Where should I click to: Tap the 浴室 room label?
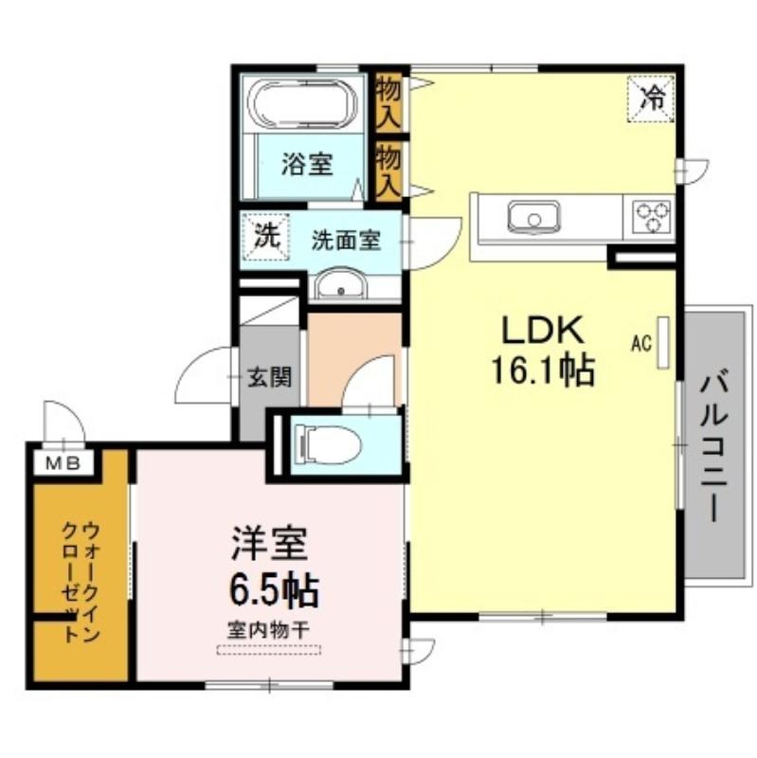pyautogui.click(x=307, y=164)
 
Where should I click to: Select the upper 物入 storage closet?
pyautogui.click(x=388, y=102)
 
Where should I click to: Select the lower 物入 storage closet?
pyautogui.click(x=388, y=171)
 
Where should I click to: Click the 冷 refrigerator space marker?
pyautogui.click(x=651, y=99)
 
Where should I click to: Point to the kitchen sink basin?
pyautogui.click(x=533, y=217)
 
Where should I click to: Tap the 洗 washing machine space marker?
pyautogui.click(x=265, y=237)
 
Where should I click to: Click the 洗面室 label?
pyautogui.click(x=346, y=241)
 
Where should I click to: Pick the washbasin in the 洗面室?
pyautogui.click(x=341, y=285)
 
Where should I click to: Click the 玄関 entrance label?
pyautogui.click(x=270, y=376)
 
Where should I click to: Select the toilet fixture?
pyautogui.click(x=328, y=444)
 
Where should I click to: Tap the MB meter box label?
pyautogui.click(x=63, y=464)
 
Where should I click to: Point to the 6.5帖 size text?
pyautogui.click(x=274, y=589)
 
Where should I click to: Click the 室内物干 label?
pyautogui.click(x=269, y=630)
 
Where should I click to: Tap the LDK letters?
pyautogui.click(x=541, y=330)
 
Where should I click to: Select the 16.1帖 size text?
pyautogui.click(x=542, y=370)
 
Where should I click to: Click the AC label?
pyautogui.click(x=641, y=343)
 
